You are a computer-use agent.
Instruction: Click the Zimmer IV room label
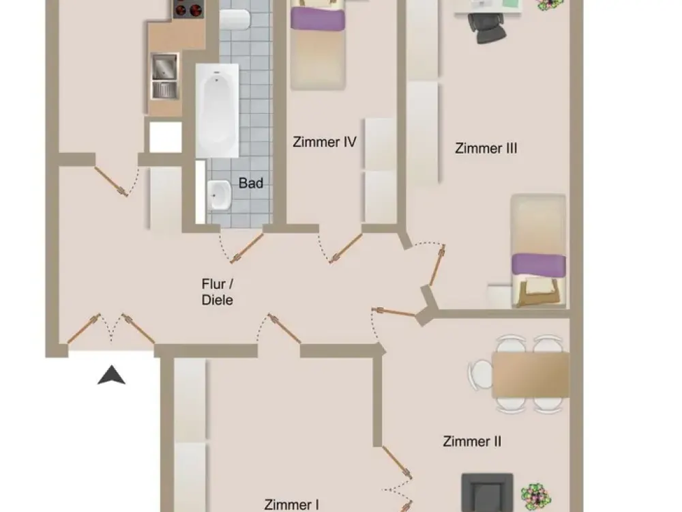click(325, 142)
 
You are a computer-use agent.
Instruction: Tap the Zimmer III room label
click(486, 148)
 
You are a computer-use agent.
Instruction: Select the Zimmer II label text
click(472, 442)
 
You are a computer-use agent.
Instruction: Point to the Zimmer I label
click(291, 505)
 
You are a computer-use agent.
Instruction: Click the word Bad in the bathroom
click(251, 183)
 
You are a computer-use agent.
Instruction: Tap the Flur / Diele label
click(218, 292)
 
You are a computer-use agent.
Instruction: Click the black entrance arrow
click(111, 375)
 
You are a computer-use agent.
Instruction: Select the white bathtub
click(217, 111)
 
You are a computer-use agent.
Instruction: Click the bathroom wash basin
click(219, 195)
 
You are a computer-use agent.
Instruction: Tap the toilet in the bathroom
click(235, 19)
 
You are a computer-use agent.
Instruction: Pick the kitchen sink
click(165, 76)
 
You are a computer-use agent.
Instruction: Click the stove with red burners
click(188, 9)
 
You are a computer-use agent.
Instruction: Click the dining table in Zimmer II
click(531, 374)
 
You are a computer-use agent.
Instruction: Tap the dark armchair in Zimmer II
click(487, 492)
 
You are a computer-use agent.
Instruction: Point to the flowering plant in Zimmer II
click(536, 496)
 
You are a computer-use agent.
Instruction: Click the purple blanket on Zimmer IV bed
click(318, 19)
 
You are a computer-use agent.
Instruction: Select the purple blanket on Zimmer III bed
click(539, 265)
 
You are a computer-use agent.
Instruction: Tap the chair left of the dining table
click(479, 374)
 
